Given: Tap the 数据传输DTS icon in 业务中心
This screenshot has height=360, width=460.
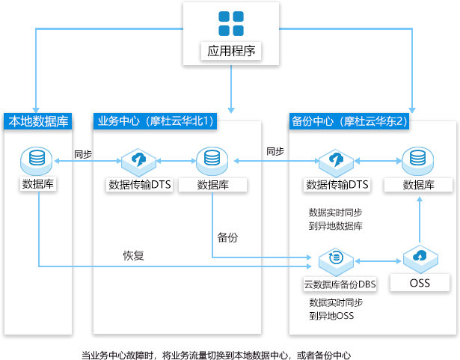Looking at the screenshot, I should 140,159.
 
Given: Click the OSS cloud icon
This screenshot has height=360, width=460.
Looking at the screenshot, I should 420,260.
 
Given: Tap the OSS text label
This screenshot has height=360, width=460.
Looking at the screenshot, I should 420,284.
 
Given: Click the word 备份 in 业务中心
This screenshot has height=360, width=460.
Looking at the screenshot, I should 228,238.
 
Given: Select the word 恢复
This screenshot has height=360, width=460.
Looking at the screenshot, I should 133,255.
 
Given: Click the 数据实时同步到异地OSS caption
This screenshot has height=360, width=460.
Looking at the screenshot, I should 336,309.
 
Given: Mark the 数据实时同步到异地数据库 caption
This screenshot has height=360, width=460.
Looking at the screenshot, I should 336,219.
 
